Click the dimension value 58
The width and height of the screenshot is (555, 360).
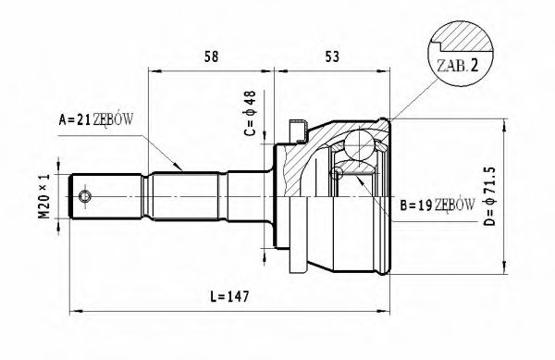click(211, 57)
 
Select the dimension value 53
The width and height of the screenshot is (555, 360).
click(332, 57)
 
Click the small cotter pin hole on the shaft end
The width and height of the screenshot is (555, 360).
click(85, 197)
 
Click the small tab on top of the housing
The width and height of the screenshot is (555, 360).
click(298, 128)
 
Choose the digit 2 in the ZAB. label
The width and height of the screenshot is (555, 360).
click(473, 67)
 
